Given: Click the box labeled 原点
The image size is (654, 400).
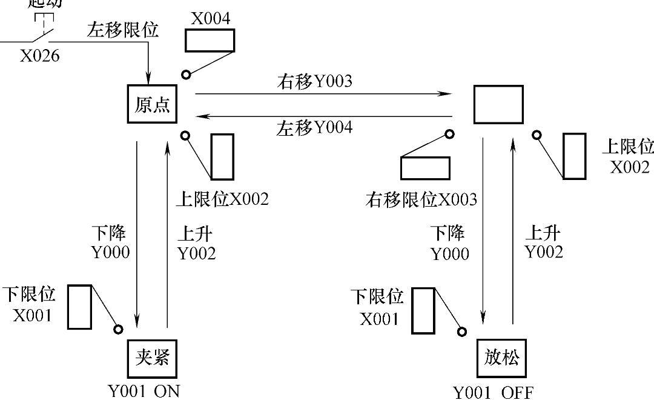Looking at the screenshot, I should [152, 105].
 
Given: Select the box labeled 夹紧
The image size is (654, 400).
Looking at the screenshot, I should [151, 358].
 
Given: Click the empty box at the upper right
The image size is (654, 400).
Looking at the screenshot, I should [498, 104].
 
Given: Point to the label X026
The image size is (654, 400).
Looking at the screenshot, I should [40, 56].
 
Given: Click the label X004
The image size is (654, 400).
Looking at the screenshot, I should [211, 18].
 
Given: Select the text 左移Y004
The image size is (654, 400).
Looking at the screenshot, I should [314, 128].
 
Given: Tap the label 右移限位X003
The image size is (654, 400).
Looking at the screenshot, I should [421, 199].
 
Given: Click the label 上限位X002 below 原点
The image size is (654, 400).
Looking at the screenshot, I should [222, 199].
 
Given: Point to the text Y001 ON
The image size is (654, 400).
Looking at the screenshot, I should [144, 391].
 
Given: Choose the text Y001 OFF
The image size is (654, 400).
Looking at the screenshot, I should [494, 393].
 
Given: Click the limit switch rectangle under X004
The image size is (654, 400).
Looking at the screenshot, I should [210, 41].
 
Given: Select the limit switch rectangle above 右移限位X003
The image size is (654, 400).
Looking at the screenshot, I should [425, 168].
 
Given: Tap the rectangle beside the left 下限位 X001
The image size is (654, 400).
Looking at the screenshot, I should [79, 306].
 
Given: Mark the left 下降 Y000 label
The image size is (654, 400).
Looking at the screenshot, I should [110, 243].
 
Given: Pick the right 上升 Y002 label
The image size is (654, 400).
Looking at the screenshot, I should [543, 242].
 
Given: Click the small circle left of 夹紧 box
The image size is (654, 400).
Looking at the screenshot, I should [118, 329].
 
